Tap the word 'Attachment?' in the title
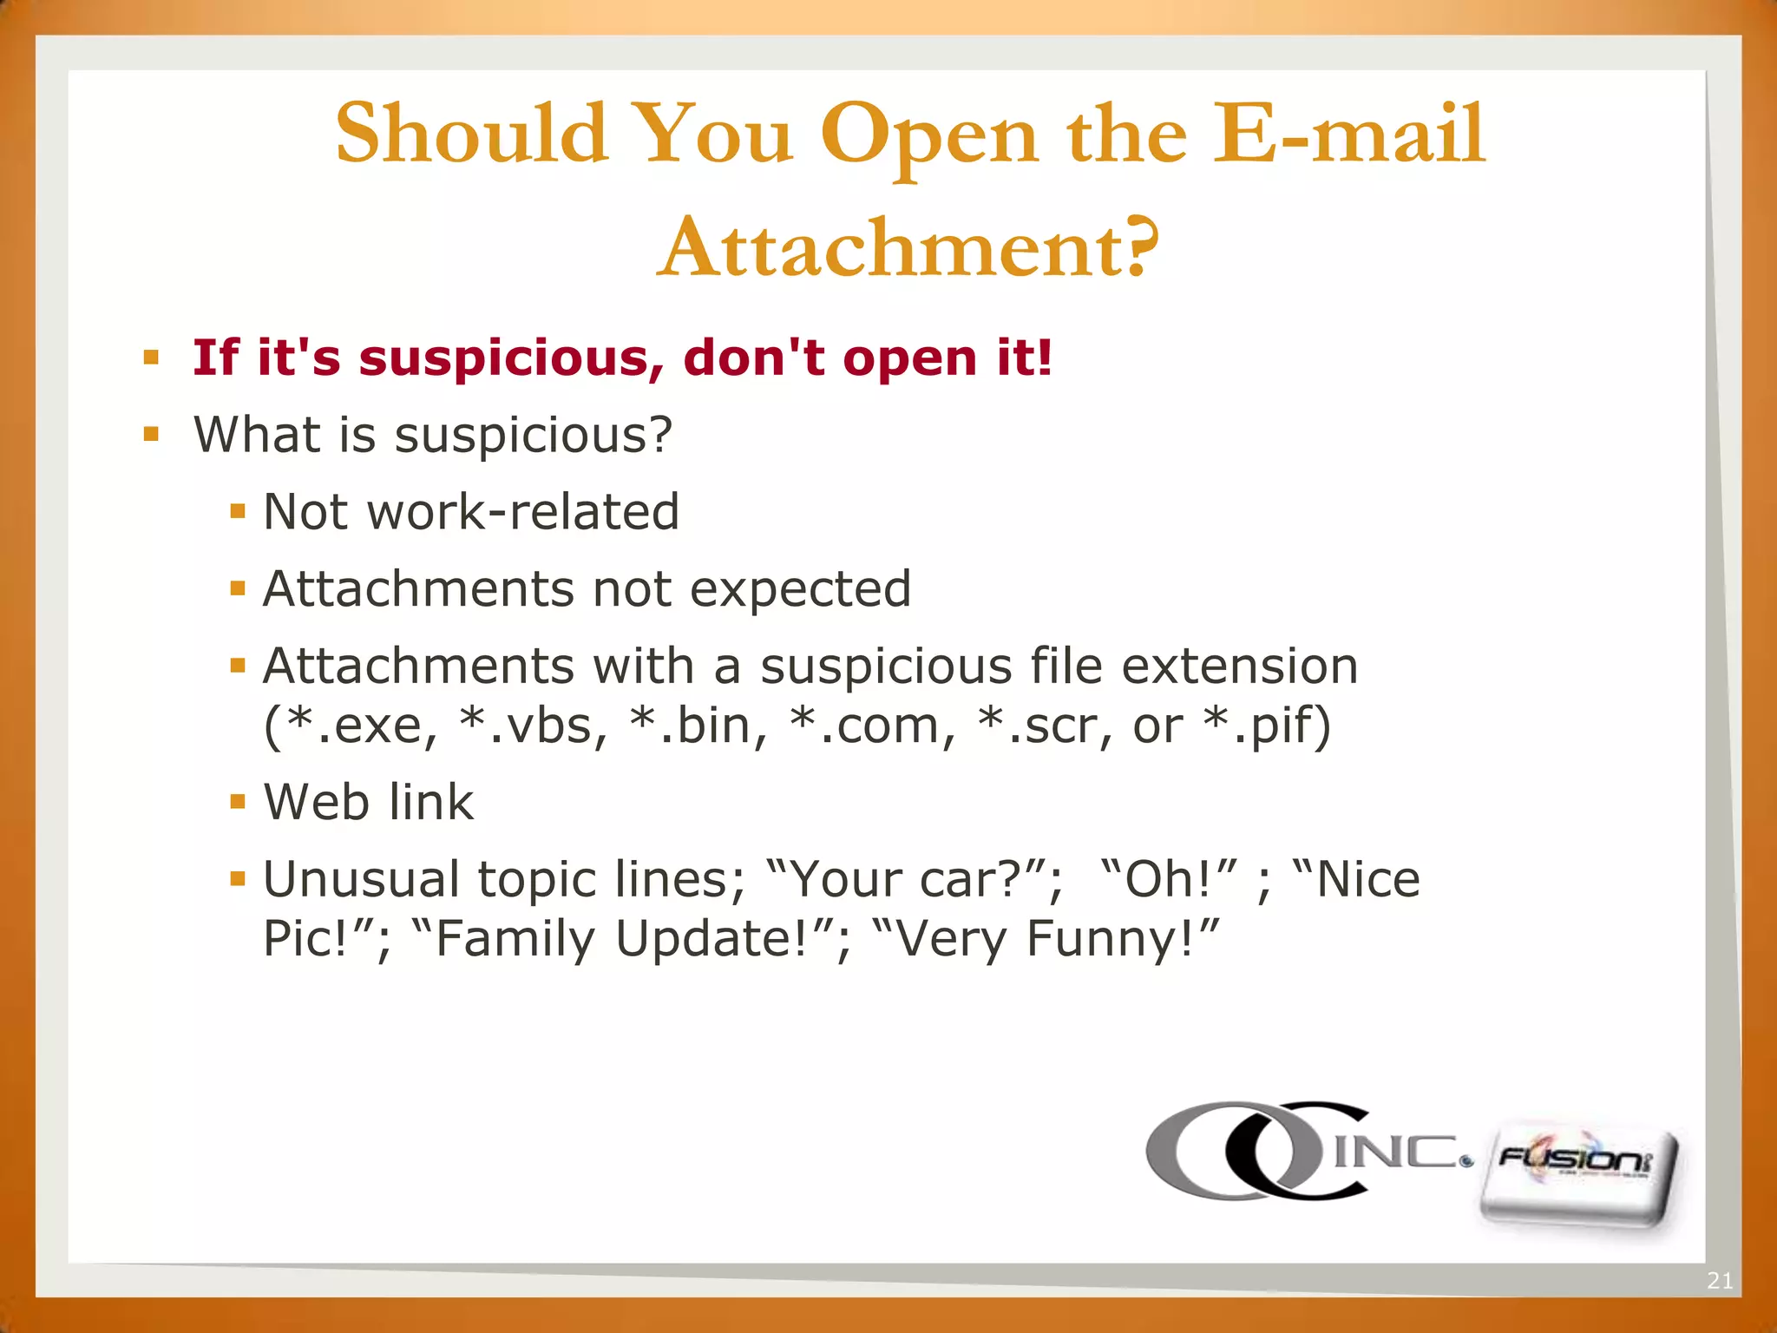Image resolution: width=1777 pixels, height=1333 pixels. coord(908,248)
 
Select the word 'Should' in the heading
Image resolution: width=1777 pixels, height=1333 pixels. coord(471,135)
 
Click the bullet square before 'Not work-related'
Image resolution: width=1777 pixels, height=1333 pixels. coord(238,511)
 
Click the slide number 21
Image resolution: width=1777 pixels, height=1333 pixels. coord(1719,1280)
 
